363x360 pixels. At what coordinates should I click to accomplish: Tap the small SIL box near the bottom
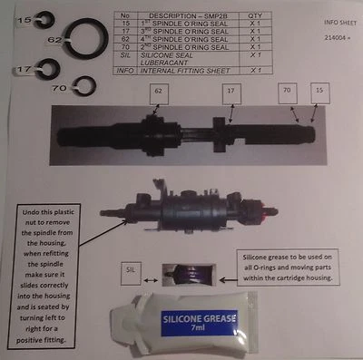pos(132,269)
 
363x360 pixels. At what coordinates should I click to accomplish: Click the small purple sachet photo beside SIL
pos(182,271)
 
